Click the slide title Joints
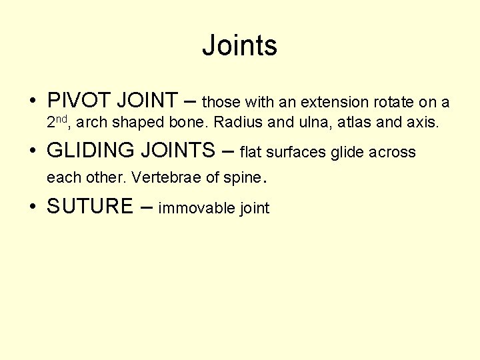tap(239, 46)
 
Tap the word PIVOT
tap(79, 101)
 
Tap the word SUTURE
tap(90, 206)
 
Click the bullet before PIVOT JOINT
tap(32, 101)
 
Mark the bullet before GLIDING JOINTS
tap(32, 151)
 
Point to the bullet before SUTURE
tap(32, 207)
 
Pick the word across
tap(393, 153)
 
